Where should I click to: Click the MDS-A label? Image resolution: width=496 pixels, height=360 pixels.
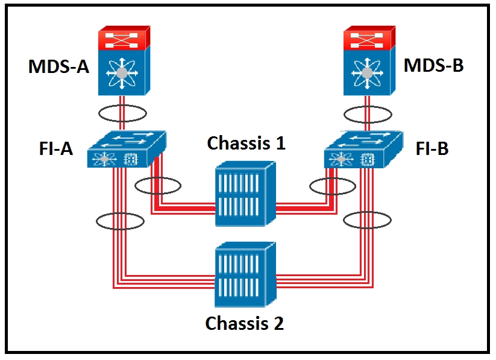[x=58, y=66]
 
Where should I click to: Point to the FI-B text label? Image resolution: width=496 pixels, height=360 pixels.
[x=432, y=148]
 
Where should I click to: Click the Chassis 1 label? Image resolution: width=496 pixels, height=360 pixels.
[x=246, y=143]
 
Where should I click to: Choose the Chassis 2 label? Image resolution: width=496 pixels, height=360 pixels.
[x=244, y=323]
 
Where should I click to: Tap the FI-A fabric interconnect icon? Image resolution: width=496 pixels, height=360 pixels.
[x=125, y=150]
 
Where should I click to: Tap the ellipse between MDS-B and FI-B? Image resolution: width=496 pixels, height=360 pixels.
[x=368, y=113]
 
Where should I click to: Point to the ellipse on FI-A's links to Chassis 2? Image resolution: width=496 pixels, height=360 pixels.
[x=120, y=221]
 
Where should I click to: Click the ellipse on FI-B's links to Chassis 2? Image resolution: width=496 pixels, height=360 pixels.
[x=368, y=220]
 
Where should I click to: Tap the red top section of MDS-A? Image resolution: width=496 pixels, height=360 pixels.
[x=124, y=38]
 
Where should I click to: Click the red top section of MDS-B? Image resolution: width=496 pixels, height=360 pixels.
[x=368, y=38]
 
